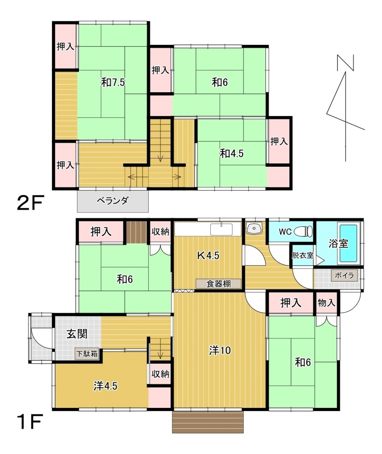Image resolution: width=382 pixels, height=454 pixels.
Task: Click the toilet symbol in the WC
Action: point(303,231)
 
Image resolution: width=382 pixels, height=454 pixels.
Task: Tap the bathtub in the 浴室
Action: point(349,243)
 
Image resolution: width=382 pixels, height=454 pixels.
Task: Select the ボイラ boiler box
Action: point(344,275)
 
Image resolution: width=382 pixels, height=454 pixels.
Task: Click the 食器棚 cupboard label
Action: point(219,283)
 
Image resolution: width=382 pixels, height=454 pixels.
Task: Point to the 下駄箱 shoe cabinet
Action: point(87,354)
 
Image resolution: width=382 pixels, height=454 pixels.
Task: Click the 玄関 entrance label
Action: point(77,334)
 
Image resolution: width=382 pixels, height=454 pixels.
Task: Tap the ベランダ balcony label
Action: point(112,200)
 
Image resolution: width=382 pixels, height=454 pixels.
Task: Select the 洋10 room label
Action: point(220,351)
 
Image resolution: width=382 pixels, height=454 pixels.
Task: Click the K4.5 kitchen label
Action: point(208,255)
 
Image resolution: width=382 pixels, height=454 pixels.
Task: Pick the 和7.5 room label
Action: point(113,82)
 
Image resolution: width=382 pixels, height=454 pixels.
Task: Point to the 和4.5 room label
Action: point(232,153)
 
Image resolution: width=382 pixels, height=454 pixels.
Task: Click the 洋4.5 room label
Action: point(106,386)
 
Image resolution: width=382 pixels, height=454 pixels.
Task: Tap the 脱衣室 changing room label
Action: point(303,255)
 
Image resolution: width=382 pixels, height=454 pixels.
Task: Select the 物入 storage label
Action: point(327,303)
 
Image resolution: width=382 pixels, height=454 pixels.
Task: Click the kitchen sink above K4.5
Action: point(221,229)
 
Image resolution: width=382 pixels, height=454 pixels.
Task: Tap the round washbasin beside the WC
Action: point(254,228)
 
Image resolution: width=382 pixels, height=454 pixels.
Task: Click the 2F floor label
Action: point(30,203)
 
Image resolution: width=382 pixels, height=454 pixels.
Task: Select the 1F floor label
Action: point(30,422)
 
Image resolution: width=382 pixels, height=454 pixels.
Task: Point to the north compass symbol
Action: point(346,108)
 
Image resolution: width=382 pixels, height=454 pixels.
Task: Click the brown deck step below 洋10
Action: point(208,422)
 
